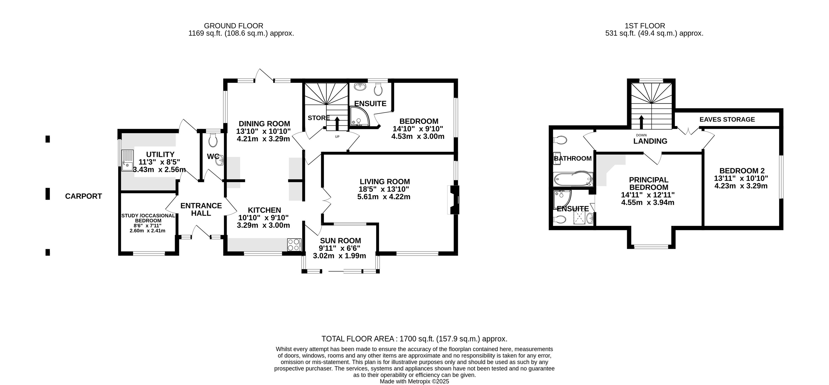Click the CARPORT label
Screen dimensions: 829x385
click(x=83, y=196)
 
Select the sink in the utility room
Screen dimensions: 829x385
click(x=127, y=161)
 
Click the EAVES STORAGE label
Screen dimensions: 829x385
click(x=727, y=119)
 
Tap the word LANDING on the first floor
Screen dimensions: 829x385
click(x=650, y=141)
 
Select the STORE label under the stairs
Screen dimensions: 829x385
click(x=319, y=118)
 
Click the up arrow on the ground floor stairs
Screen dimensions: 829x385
click(x=337, y=123)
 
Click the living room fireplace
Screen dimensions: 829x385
click(x=453, y=200)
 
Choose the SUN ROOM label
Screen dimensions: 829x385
click(x=340, y=241)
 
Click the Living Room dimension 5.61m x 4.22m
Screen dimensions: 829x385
click(x=384, y=197)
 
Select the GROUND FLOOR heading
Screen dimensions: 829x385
click(x=234, y=26)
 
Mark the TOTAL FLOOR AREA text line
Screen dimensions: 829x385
click(x=414, y=339)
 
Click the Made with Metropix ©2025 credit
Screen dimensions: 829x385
click(x=414, y=381)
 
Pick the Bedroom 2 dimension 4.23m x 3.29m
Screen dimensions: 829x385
click(x=741, y=186)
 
